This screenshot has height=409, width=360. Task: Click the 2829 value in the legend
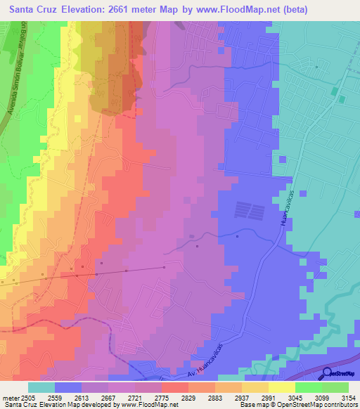click(188, 398)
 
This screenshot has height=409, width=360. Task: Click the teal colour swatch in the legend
click(41, 387)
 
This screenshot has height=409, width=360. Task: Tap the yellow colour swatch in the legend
click(281, 387)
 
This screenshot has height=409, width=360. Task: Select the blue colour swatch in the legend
click(68, 387)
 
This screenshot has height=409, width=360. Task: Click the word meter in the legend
click(9, 398)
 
